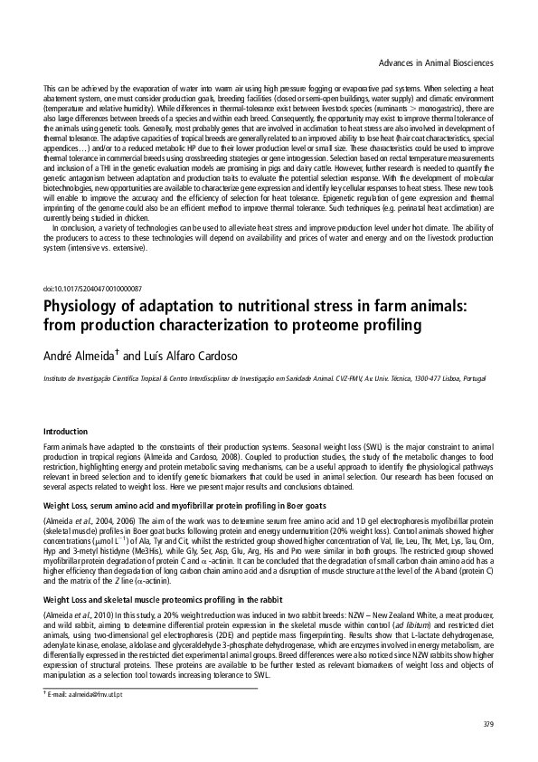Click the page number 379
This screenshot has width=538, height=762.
[x=488, y=724]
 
